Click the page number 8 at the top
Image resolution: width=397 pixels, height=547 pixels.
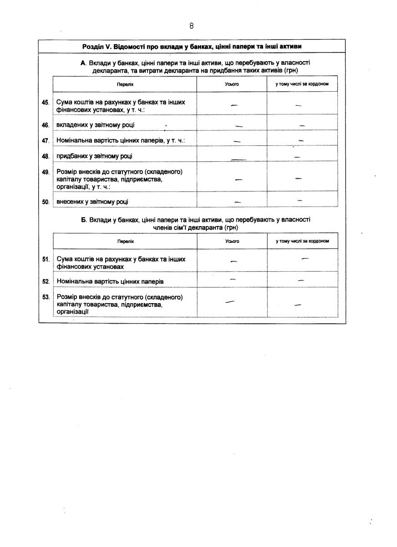point(192,26)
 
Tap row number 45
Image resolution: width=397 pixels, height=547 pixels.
point(46,103)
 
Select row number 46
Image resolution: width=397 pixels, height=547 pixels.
point(46,125)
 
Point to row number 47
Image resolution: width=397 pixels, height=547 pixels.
point(46,141)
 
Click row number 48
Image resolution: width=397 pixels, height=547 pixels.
point(46,156)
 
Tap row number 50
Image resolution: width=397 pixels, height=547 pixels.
point(46,201)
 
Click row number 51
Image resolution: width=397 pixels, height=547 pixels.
point(46,259)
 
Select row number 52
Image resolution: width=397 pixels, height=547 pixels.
point(46,282)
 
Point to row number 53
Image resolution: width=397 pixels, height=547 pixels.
point(46,297)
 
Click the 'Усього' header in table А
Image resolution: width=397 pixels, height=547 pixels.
point(232,84)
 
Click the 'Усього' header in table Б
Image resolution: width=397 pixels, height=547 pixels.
point(232,241)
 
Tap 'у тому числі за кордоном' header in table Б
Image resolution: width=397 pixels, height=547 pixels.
point(302,241)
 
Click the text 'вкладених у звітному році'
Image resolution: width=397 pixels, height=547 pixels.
point(95,125)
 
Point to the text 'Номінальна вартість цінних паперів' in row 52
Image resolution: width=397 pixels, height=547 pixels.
point(110,282)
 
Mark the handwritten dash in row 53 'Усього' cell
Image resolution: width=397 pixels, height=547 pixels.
point(230,301)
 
